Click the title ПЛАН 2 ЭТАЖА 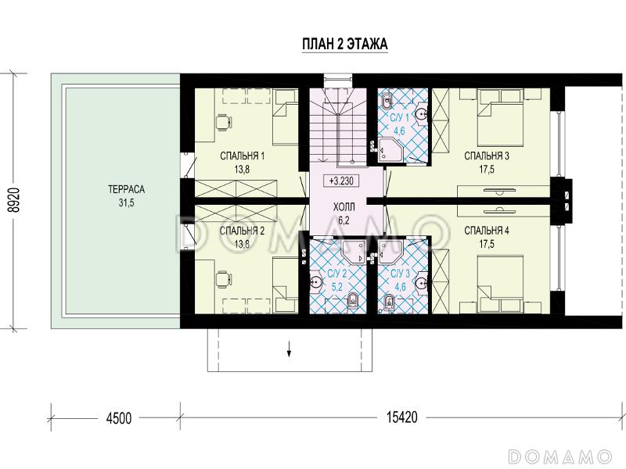[344, 44]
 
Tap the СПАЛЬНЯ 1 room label [242, 156]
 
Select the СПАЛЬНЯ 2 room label [242, 231]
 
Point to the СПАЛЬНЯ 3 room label [487, 156]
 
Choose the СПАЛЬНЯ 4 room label [487, 231]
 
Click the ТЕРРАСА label [126, 189]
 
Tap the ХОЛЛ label [344, 207]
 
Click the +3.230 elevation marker [341, 181]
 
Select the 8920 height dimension [15, 201]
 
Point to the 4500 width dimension [119, 418]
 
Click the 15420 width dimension [401, 417]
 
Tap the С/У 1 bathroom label [400, 118]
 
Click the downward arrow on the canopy [289, 350]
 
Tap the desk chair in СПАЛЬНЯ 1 [224, 123]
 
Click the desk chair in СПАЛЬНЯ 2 [224, 279]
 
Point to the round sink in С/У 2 [317, 282]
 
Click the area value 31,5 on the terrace [126, 203]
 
